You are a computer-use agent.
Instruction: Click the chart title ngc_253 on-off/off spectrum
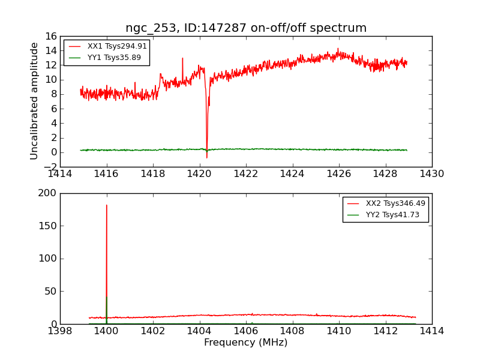(x=246, y=28)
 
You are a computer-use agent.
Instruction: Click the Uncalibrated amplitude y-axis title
(x=35, y=101)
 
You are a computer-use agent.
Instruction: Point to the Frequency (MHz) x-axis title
(x=246, y=343)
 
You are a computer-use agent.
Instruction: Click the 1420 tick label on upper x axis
(x=199, y=174)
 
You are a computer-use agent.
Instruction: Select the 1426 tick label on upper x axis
(x=338, y=174)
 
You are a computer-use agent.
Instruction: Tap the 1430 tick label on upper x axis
(x=431, y=174)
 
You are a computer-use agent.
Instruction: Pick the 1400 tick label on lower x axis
(x=106, y=331)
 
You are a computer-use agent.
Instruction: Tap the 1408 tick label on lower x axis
(x=292, y=331)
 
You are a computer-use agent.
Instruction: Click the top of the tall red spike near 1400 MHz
(x=107, y=205)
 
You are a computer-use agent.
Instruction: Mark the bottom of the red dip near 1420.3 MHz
(x=207, y=158)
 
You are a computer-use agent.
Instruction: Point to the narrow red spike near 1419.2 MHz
(x=182, y=58)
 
